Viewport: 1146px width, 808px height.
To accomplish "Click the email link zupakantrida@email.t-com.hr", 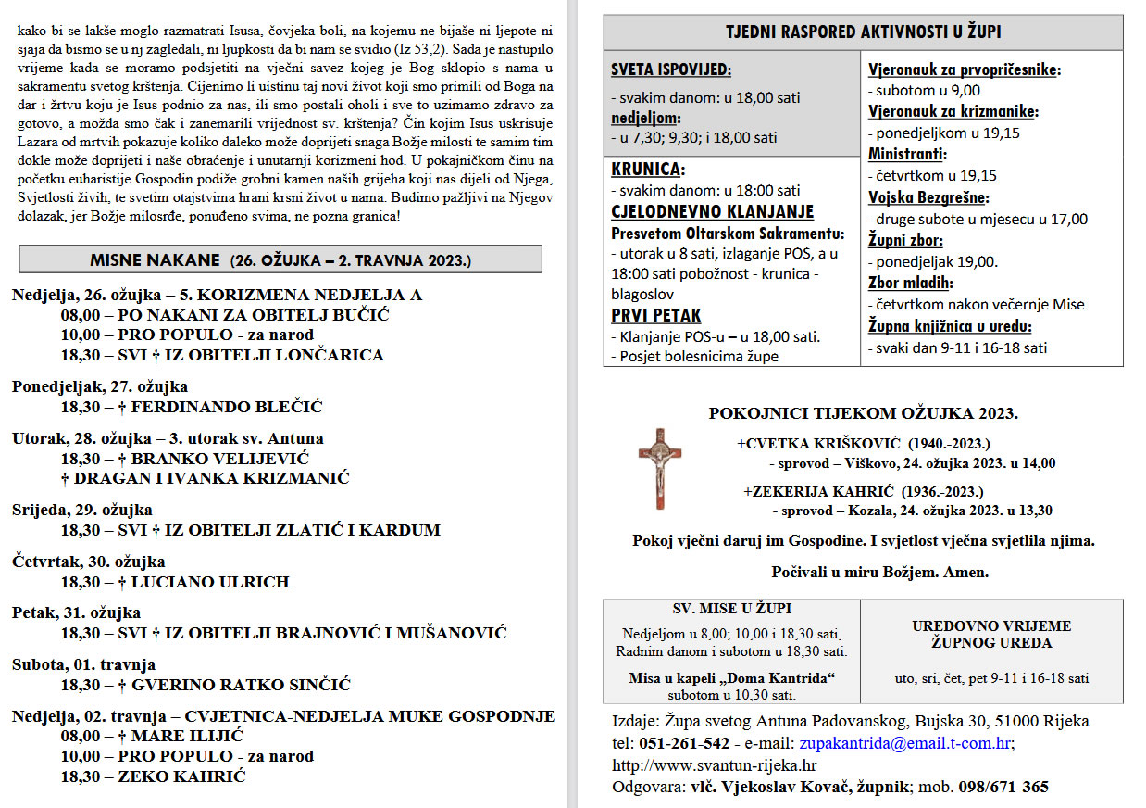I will coord(905,743).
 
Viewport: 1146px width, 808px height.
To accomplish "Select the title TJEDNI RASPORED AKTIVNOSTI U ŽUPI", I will coord(863,32).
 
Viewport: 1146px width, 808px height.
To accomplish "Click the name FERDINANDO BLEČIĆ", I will coord(227,407).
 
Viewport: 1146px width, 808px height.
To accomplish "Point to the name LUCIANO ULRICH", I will coord(210,582).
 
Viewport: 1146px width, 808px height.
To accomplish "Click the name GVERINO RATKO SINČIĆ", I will coord(241,685).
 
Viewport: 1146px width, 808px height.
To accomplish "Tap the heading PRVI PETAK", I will coord(656,315).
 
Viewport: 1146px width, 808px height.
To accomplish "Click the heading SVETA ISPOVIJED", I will coord(670,69).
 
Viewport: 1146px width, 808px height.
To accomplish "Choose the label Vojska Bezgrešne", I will coord(928,197).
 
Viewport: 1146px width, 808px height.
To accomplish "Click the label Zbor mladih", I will coord(911,283).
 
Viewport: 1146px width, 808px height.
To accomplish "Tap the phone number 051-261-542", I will coord(684,743).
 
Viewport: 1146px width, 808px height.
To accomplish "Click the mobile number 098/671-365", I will coord(1004,788).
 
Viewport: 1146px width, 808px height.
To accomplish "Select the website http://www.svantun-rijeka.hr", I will coord(715,765).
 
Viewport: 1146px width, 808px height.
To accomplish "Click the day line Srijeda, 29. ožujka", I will coord(82,510).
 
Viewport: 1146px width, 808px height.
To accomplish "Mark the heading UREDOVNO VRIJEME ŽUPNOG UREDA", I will coord(991,635).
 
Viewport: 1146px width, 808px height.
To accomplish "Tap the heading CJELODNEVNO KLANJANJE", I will coord(712,211).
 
